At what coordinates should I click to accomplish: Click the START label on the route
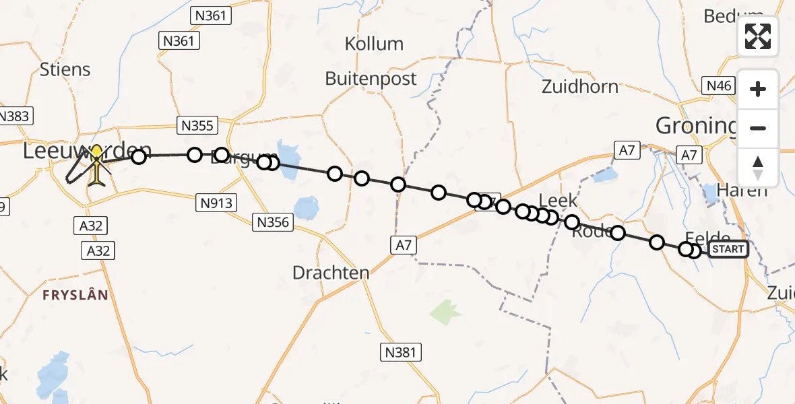(x=728, y=249)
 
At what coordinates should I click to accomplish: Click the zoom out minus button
(x=758, y=129)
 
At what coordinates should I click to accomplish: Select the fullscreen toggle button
(x=758, y=36)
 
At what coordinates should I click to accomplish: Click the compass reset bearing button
(x=758, y=168)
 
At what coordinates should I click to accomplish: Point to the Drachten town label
(x=331, y=273)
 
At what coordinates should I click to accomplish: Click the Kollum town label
(x=374, y=44)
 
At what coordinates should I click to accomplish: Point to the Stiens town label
(x=65, y=69)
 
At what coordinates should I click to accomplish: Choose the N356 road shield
(x=272, y=222)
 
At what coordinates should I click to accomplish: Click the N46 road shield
(x=718, y=86)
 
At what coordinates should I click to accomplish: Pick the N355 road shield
(x=196, y=125)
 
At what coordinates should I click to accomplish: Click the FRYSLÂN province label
(x=75, y=295)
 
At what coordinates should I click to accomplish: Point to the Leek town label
(x=559, y=200)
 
